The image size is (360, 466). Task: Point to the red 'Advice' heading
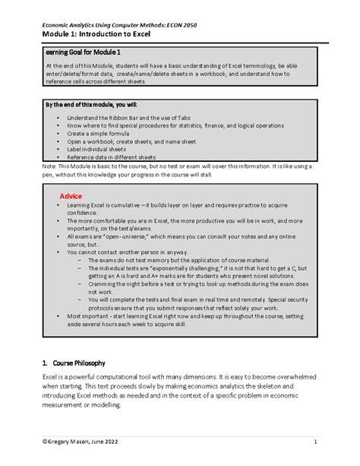pyautogui.click(x=71, y=196)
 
